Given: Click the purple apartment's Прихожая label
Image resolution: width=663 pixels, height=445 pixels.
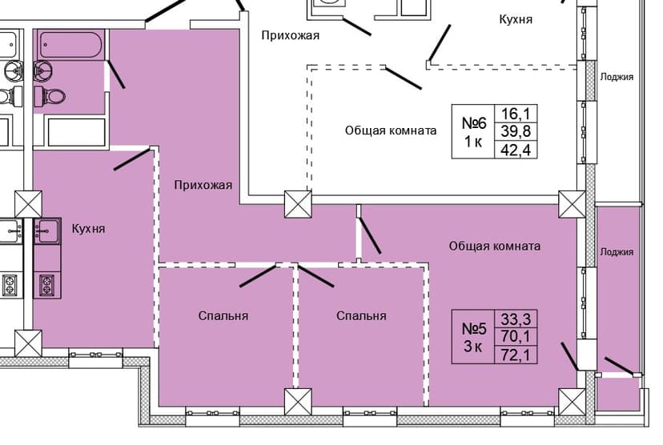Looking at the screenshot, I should (203, 186).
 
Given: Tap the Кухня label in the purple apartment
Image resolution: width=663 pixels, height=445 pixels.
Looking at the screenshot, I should (88, 229).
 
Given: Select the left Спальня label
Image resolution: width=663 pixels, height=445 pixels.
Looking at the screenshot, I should (223, 316).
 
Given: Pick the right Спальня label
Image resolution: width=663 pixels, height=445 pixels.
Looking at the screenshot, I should (361, 316).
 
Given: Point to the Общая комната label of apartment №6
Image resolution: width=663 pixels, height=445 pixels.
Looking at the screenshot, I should (391, 130).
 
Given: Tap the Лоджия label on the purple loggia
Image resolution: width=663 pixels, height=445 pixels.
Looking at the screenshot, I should (617, 252).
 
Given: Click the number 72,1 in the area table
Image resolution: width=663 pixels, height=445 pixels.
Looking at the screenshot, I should (516, 354).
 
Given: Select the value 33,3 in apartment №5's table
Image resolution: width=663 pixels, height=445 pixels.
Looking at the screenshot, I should (516, 319).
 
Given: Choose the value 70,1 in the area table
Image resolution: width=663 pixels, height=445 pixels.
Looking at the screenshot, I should (516, 336).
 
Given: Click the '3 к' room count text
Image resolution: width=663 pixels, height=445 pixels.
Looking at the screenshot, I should (472, 347).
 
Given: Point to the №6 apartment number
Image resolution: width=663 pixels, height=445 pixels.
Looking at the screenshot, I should (475, 123).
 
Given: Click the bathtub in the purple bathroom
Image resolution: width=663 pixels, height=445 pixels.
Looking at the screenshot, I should (71, 44).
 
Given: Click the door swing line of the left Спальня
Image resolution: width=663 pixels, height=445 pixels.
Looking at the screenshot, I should (257, 276).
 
